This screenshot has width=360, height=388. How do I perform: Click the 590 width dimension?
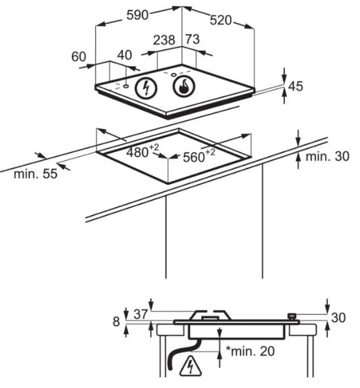pos(137,15)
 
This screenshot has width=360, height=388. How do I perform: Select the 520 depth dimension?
pos(221,20)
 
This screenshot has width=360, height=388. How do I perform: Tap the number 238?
pos(164,40)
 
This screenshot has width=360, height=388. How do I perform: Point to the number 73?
pos(192,39)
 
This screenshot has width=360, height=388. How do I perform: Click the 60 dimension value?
pos(79,57)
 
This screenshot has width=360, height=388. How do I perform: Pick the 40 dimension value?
pos(124,55)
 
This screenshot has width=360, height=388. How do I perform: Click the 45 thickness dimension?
pos(296,86)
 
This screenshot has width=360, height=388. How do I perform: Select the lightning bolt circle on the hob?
pos(146,88)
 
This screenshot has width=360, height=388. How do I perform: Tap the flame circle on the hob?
pos(184,85)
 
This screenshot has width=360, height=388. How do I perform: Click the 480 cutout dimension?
pos(143,151)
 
